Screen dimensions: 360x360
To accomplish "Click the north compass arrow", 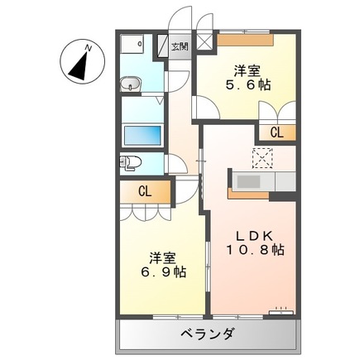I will [80, 65].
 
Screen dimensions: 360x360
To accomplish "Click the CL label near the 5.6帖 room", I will [276, 131].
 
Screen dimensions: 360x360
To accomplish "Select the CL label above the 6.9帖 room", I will [145, 192].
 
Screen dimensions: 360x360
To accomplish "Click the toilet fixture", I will [127, 161].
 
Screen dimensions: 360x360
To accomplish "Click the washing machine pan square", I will [133, 46].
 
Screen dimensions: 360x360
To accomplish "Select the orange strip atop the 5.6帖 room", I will [243, 37].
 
